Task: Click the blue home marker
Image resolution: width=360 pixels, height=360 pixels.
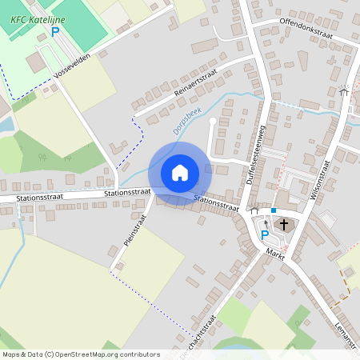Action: click(x=180, y=172)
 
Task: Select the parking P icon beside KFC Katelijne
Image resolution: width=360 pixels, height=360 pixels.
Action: click(x=55, y=32)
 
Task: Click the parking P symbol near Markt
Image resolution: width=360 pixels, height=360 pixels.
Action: click(x=265, y=234)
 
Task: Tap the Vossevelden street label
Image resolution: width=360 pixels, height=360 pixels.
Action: click(x=72, y=69)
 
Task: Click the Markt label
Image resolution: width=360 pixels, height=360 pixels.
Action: click(x=275, y=254)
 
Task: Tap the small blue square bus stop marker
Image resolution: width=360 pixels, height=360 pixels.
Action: click(x=274, y=210)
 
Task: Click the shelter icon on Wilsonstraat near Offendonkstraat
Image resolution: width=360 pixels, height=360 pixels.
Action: click(x=344, y=92)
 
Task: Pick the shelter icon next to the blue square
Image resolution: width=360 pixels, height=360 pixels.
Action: click(x=254, y=210)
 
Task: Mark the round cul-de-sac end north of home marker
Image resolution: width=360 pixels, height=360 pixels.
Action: click(x=213, y=122)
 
